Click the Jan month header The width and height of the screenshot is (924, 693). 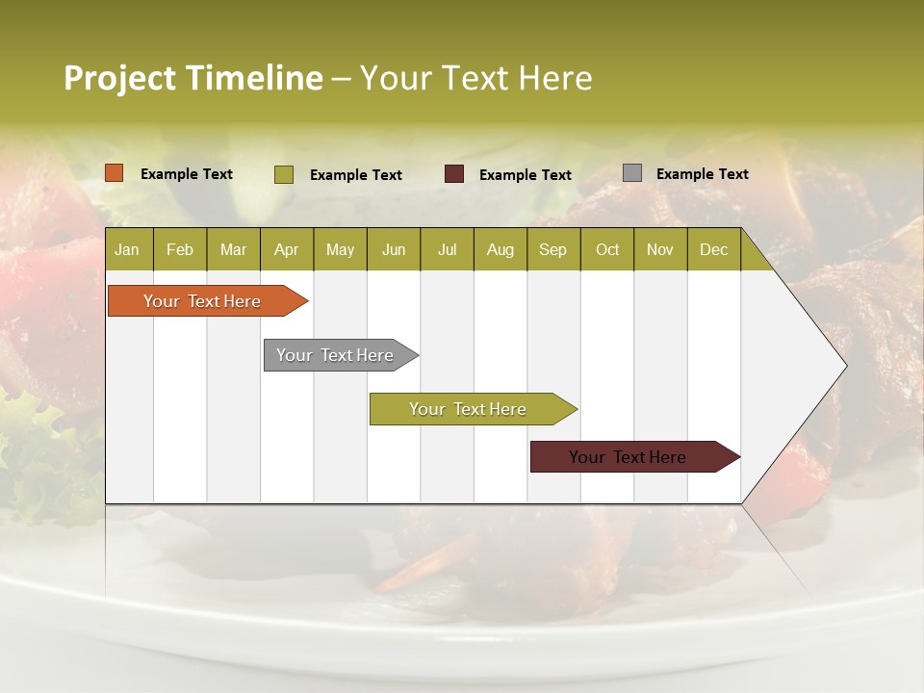pos(127,249)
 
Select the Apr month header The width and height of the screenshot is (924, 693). pos(286,249)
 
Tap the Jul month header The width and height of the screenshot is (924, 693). pos(447,249)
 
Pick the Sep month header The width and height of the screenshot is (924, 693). pos(552,249)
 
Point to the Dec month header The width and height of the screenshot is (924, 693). pos(713,249)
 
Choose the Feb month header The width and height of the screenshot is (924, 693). pos(180,249)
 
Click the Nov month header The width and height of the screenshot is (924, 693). pos(659,249)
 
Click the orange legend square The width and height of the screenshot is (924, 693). pos(115,173)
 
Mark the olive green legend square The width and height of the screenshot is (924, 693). pos(284,174)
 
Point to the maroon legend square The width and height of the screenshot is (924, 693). pos(454,174)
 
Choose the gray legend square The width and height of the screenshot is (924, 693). pos(632,173)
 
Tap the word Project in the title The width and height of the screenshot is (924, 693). pos(119,78)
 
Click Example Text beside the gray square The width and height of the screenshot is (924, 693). pos(702,174)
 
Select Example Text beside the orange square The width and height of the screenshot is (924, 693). pos(186,174)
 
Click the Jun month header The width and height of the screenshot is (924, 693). pos(394,249)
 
